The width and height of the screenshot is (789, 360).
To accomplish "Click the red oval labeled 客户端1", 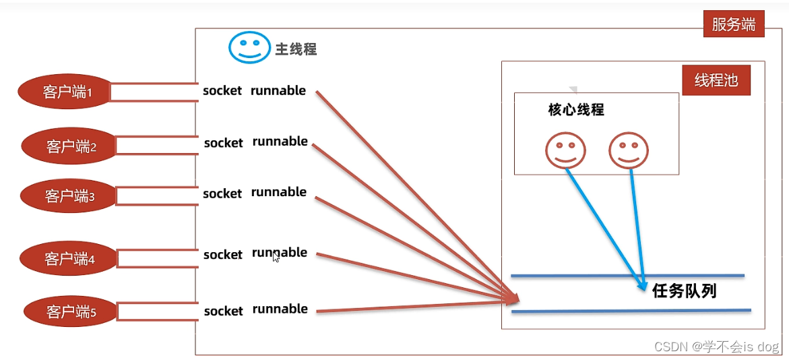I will click(x=65, y=92).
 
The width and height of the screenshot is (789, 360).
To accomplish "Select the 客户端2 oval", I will click(x=70, y=146).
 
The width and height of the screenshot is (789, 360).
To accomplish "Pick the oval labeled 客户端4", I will click(x=68, y=258).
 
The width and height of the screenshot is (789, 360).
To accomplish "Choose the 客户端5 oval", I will click(x=71, y=312).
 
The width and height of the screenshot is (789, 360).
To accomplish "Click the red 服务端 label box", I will click(x=734, y=25).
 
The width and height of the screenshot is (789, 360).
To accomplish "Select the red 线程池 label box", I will click(x=716, y=81).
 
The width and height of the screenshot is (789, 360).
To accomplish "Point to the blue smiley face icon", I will click(x=249, y=47).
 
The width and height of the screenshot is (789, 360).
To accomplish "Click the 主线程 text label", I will click(x=296, y=49).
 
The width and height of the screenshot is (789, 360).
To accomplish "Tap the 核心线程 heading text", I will click(x=576, y=110).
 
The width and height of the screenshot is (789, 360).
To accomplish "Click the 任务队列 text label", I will click(x=684, y=291).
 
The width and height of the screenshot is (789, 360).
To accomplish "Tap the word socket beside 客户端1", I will click(x=222, y=91).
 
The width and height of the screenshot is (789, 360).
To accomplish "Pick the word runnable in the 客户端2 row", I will click(x=280, y=142).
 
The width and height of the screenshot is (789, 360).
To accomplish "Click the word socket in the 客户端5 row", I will click(x=223, y=311).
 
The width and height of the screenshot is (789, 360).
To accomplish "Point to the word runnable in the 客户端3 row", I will click(x=279, y=192).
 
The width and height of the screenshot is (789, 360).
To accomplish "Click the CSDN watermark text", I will click(x=717, y=347).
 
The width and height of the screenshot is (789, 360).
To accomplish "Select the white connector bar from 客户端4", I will click(x=156, y=258).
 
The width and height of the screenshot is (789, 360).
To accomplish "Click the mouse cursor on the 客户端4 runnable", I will click(x=276, y=257).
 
